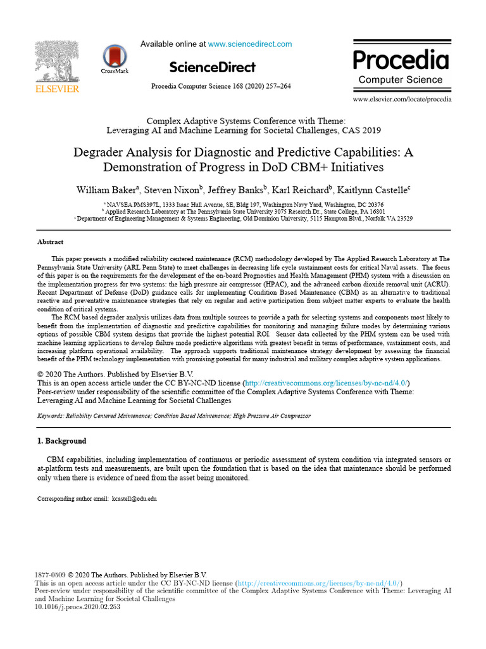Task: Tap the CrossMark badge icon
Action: click(115, 57)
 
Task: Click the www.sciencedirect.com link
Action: click(250, 44)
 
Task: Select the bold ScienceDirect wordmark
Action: click(213, 67)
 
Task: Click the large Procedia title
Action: click(401, 60)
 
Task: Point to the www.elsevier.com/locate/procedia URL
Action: click(402, 100)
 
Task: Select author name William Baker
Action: click(105, 190)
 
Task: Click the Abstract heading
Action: click(51, 242)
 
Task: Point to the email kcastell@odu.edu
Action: click(134, 499)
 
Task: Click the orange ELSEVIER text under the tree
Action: click(56, 89)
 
